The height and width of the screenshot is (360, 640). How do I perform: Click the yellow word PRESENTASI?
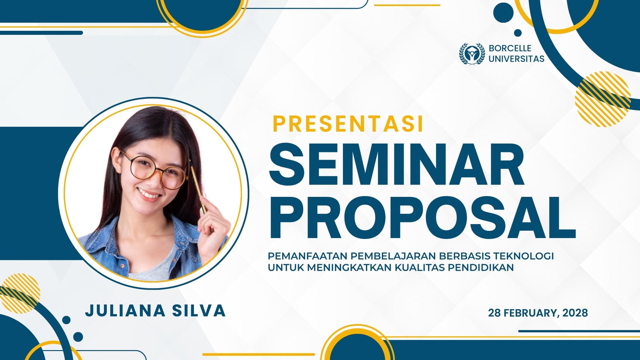tap(348, 124)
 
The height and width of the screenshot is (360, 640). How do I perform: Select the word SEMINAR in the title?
tap(397, 165)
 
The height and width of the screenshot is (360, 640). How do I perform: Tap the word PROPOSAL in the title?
tap(422, 218)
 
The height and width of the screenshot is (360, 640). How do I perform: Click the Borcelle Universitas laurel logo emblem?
tap(472, 54)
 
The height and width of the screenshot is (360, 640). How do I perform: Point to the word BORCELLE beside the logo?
tap(510, 48)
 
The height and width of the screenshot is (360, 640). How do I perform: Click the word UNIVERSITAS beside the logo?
tap(516, 59)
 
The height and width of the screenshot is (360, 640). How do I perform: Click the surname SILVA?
tap(199, 311)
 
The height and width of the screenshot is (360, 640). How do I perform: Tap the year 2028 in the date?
tap(575, 313)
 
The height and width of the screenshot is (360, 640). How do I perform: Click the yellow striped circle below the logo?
tap(603, 99)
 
